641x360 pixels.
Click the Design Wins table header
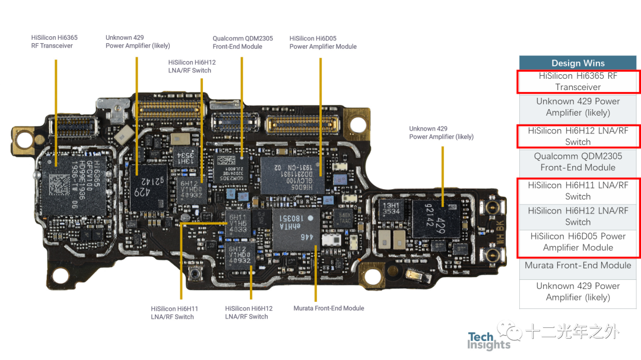pyautogui.click(x=577, y=63)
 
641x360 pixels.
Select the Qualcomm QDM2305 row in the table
pyautogui.click(x=577, y=161)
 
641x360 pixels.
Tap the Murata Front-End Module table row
pyautogui.click(x=577, y=266)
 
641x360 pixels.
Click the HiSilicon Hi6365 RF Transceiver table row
pyautogui.click(x=577, y=81)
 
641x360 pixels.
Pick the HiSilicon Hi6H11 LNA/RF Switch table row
pyautogui.click(x=577, y=191)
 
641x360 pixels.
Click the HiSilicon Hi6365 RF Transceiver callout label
pyautogui.click(x=55, y=42)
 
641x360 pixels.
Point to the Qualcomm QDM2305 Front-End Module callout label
pyautogui.click(x=243, y=43)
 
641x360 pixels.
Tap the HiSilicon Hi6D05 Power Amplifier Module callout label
pyautogui.click(x=323, y=43)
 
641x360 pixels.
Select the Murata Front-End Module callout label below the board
pyautogui.click(x=329, y=308)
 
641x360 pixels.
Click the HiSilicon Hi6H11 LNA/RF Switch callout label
pyautogui.click(x=174, y=313)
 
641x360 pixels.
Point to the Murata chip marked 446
pyautogui.click(x=295, y=228)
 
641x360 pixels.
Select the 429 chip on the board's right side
pyautogui.click(x=443, y=218)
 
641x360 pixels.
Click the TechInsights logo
pyautogui.click(x=488, y=341)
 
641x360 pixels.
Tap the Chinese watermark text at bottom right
pyautogui.click(x=571, y=332)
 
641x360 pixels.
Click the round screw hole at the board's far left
pyautogui.click(x=24, y=139)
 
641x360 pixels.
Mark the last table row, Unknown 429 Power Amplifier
pyautogui.click(x=577, y=292)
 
